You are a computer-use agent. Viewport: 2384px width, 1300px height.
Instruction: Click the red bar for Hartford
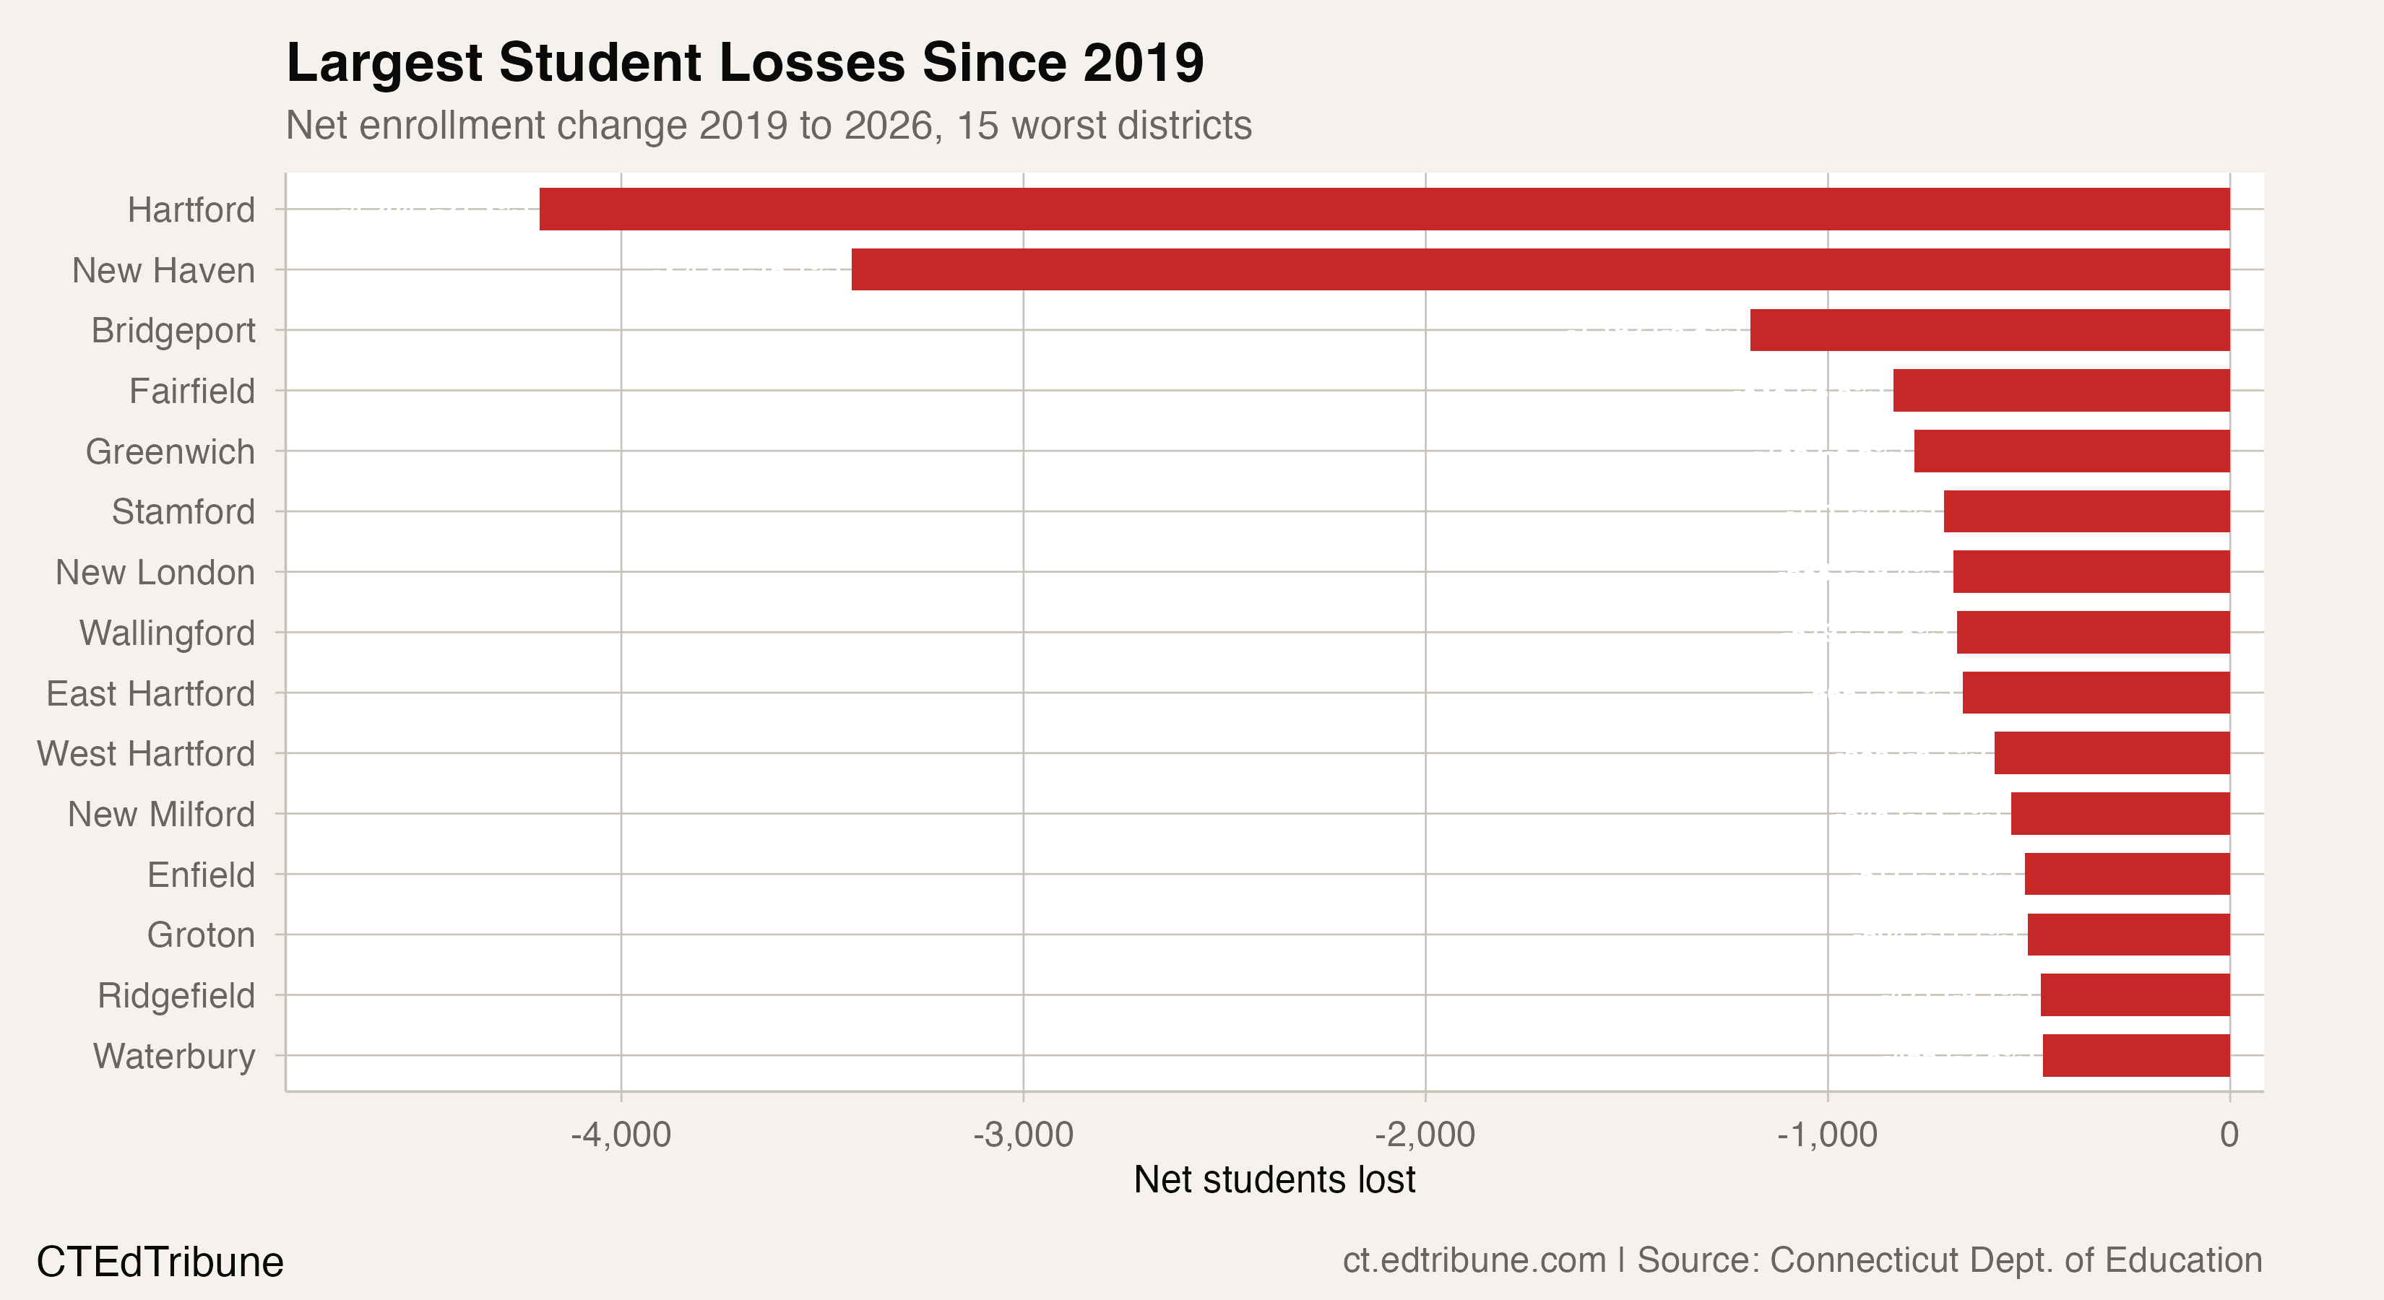point(1383,209)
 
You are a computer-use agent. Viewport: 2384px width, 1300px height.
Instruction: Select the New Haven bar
point(1540,269)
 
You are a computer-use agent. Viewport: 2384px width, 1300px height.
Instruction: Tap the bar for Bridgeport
point(1990,330)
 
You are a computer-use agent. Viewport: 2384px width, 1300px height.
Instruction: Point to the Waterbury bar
point(2136,1054)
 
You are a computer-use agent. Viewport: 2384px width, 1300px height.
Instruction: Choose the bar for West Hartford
point(2112,753)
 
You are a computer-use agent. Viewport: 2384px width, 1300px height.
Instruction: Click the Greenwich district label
point(170,451)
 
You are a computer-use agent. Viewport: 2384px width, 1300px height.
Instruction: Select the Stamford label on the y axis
point(183,511)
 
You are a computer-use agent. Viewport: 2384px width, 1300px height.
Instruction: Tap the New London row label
point(155,572)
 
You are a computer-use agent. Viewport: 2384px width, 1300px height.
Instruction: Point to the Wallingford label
point(167,633)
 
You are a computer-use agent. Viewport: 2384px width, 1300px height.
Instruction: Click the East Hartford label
point(150,693)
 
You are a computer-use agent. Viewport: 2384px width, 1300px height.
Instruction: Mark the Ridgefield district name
point(176,996)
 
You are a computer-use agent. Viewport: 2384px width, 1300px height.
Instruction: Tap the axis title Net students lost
point(1274,1179)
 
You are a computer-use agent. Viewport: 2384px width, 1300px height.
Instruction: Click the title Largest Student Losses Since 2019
point(745,63)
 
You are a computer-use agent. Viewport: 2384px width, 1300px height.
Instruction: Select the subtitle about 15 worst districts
point(768,125)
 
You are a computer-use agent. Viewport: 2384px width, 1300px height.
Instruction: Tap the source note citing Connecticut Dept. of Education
point(1802,1260)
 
